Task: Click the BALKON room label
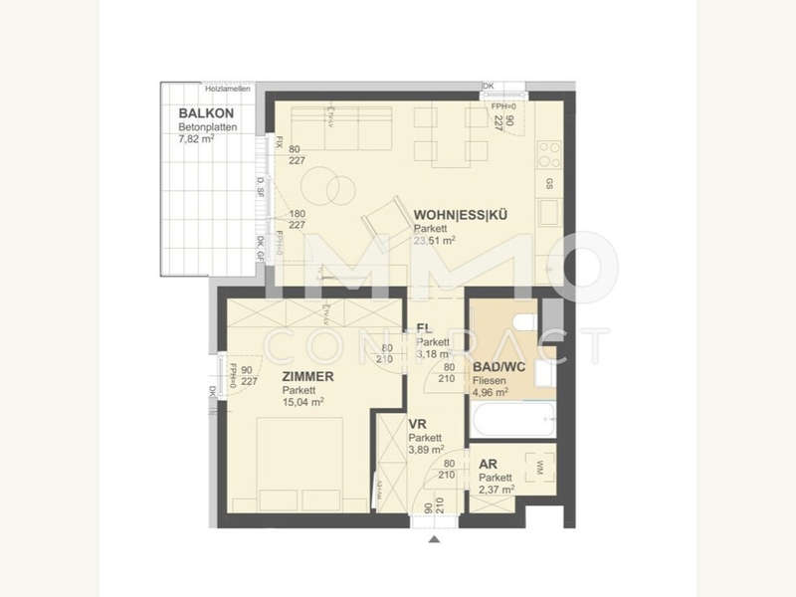[199, 114]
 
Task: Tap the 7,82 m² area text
[196, 139]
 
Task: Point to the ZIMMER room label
[306, 377]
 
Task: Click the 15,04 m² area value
[302, 402]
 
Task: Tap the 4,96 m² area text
[491, 392]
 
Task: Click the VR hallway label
[418, 424]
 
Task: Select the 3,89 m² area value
[426, 450]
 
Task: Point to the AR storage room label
[488, 464]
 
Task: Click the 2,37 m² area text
[496, 490]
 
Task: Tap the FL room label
[423, 327]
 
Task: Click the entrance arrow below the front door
[433, 540]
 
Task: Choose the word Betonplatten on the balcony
[203, 127]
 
